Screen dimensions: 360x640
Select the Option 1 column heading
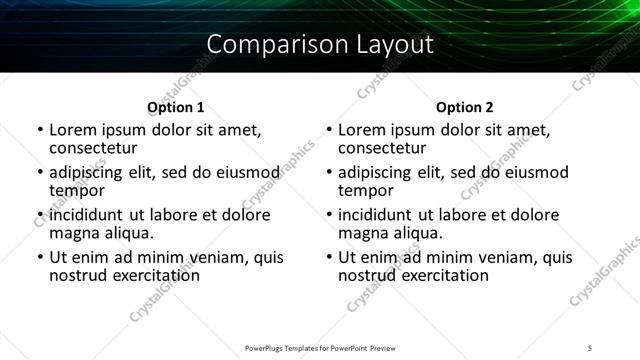[x=175, y=107]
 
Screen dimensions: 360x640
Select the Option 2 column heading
[x=465, y=107]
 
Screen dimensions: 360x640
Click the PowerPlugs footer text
[x=319, y=347]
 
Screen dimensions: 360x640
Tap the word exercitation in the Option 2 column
[x=442, y=275]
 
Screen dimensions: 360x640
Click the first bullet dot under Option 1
[x=39, y=130]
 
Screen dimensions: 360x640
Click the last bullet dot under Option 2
[x=328, y=257]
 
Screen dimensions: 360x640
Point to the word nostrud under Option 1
[x=77, y=275]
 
